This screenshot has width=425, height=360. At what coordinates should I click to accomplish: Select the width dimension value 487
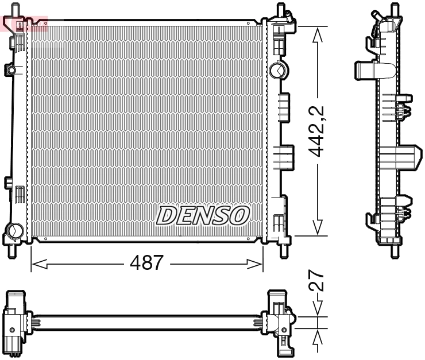(146, 264)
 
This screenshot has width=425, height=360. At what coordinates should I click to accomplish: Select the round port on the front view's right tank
(276, 70)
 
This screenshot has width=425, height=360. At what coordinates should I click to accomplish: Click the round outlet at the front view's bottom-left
(13, 233)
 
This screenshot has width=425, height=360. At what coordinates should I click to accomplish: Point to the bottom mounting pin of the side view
(395, 250)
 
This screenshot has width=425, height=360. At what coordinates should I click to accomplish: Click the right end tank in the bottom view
(281, 322)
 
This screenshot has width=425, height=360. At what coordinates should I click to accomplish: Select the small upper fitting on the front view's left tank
(10, 70)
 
